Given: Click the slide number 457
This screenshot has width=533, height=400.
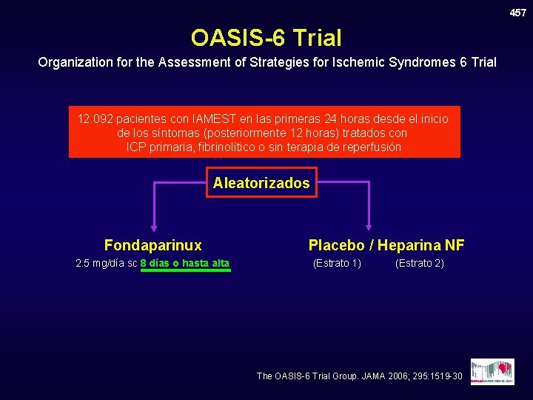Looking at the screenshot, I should point(517,13).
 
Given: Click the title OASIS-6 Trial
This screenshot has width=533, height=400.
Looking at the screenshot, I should point(266,37).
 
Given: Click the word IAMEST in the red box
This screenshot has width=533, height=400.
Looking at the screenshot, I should point(215,119).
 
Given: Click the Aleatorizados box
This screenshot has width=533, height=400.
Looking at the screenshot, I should point(261,182).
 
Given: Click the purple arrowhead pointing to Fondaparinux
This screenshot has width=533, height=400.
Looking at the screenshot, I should point(153,227).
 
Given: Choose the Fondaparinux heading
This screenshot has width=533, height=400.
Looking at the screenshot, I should point(153,245).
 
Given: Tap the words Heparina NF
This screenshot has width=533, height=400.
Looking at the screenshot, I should point(421,245).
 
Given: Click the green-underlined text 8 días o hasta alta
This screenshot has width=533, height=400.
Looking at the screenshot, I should point(185,263).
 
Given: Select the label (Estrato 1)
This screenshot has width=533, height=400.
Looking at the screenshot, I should point(337,263).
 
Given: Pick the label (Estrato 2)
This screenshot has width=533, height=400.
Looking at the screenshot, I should point(420,263).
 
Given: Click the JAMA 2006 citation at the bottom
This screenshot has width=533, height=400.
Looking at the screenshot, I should point(360,376).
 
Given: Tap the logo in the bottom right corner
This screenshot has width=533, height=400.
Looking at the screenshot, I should point(492,371).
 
